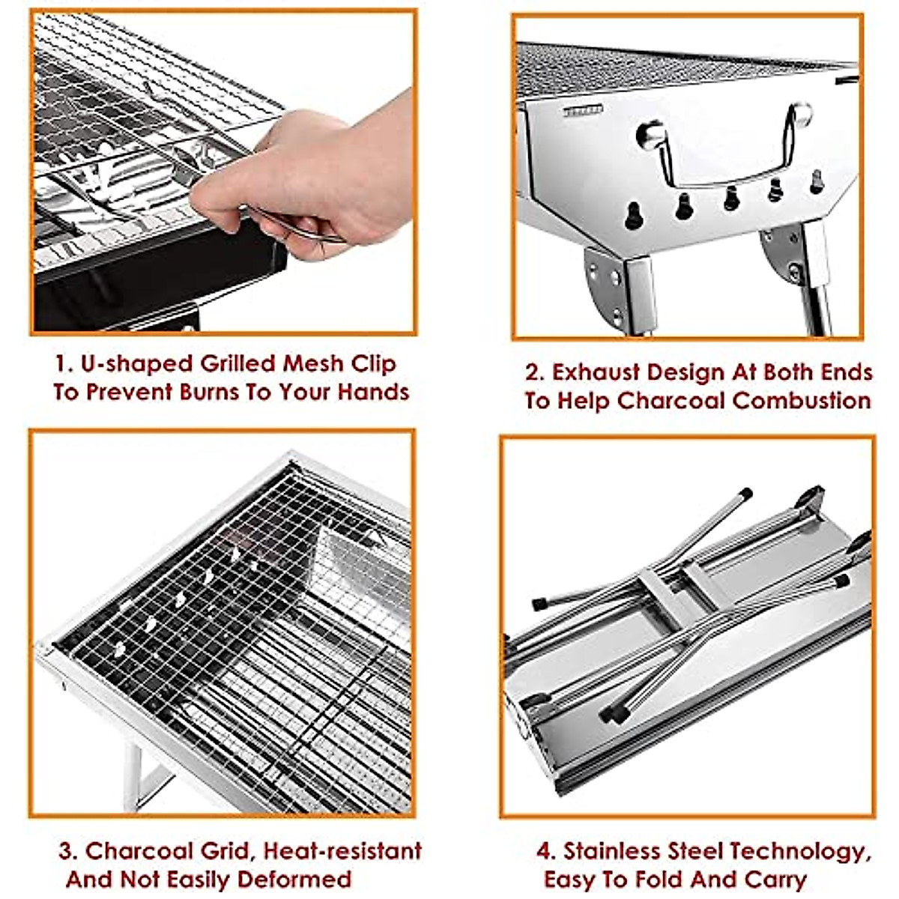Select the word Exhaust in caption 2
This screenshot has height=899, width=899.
pos(596,372)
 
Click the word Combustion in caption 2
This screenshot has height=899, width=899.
pos(801,401)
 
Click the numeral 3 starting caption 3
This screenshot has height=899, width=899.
pos(67,851)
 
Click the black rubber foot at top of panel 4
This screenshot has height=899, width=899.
pos(745,494)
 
